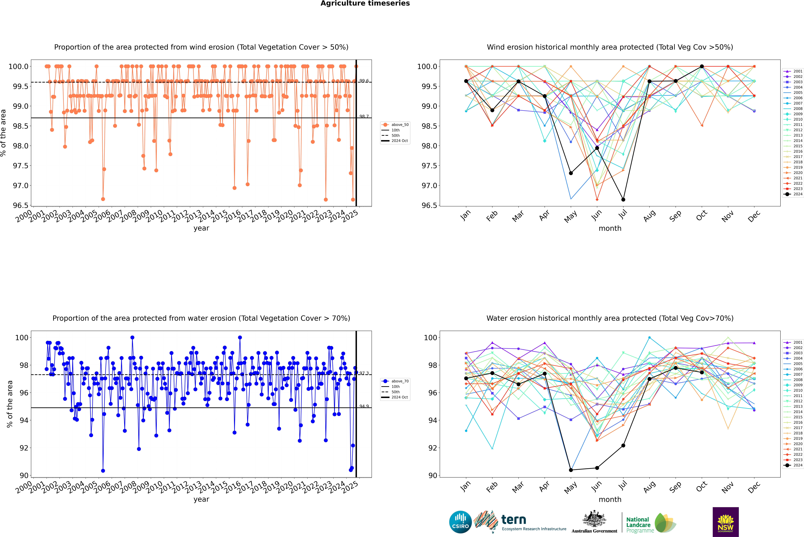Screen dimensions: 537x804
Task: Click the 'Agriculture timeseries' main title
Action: [365, 3]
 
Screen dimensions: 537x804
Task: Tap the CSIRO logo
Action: [460, 522]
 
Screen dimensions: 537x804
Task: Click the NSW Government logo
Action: [725, 522]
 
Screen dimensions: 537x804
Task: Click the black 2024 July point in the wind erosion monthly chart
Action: [623, 200]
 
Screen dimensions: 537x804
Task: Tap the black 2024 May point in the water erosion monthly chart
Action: [571, 470]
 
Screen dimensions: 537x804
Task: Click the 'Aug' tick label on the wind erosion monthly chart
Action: [649, 216]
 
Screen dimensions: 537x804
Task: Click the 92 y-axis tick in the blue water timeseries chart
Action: [24, 448]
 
